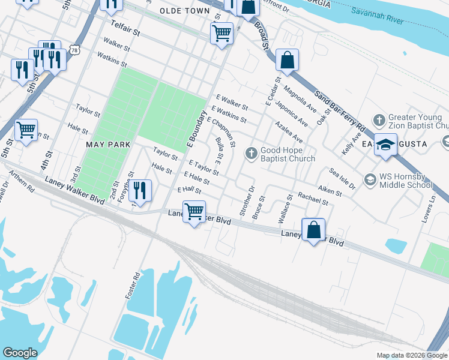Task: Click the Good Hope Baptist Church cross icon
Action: coord(251,154)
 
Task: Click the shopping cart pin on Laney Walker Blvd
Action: coord(194,212)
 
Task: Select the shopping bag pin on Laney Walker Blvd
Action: coord(313,229)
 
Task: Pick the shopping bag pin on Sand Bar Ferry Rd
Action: coord(288,60)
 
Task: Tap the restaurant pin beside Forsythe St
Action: coord(140,191)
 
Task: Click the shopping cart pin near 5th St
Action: coord(26,130)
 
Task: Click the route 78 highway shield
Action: coord(74,50)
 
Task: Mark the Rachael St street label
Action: coord(313,199)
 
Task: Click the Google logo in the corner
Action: coord(20,353)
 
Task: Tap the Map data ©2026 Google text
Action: coord(411,355)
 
